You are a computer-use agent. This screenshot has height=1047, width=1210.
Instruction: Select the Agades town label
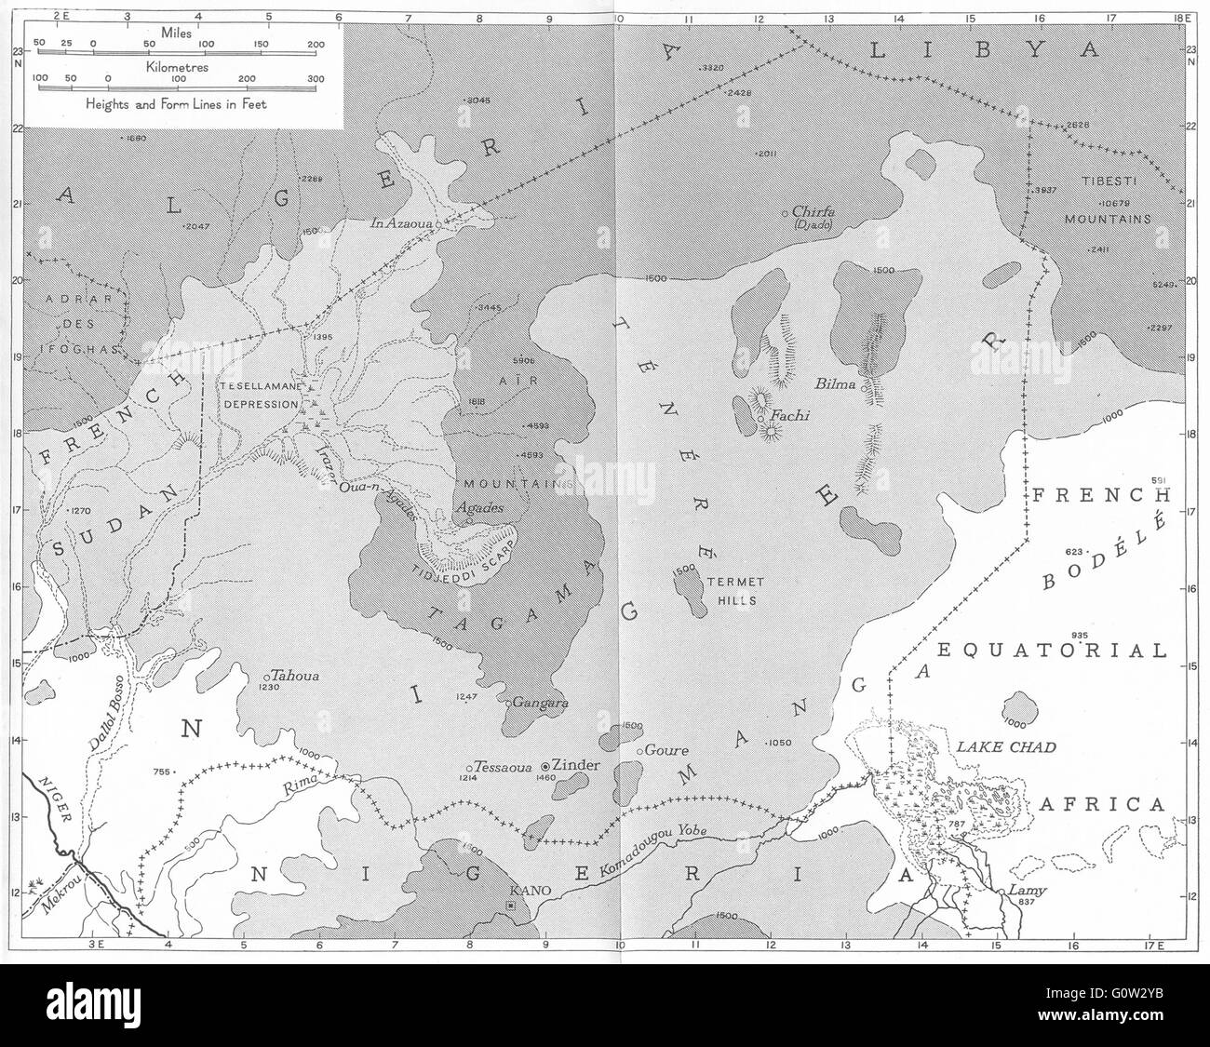coord(479,508)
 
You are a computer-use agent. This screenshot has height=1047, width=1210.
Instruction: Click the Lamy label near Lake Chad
coord(1028,891)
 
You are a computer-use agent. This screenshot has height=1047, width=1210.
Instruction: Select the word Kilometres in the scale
coord(182,68)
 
